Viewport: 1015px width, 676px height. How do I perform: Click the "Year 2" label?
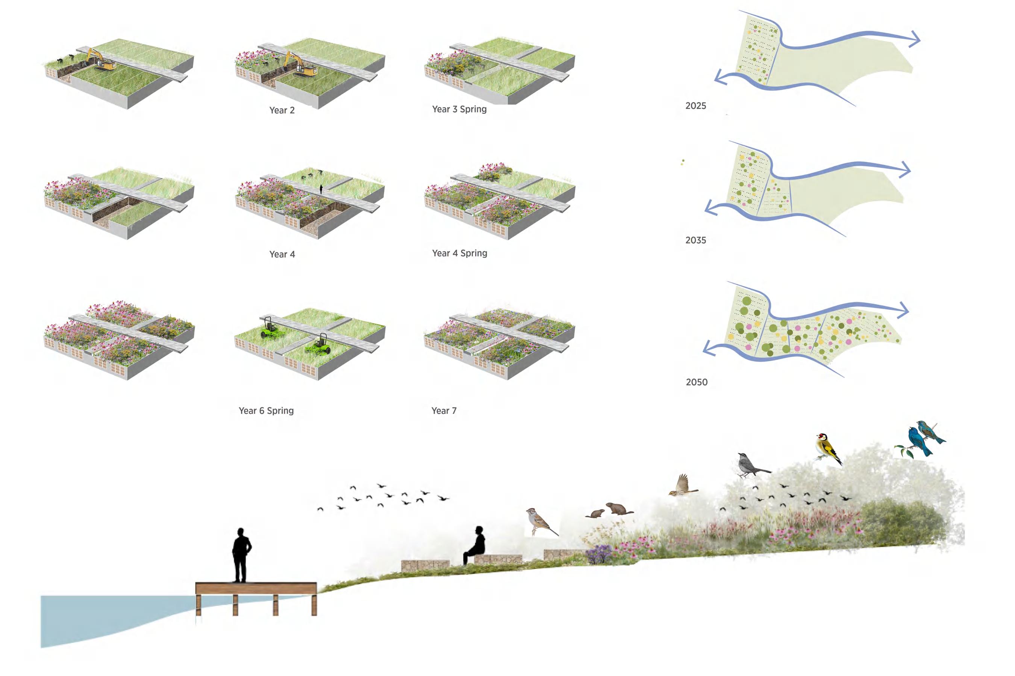(x=282, y=110)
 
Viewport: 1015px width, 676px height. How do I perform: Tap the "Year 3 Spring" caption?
(x=459, y=109)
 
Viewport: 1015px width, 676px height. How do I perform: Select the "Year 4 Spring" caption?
(x=460, y=253)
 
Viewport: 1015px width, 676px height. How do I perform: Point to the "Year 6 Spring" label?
(x=266, y=410)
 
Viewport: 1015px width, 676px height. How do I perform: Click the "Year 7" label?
(x=444, y=410)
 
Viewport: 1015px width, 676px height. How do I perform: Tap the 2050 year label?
(x=697, y=382)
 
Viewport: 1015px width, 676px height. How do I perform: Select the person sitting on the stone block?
(x=475, y=545)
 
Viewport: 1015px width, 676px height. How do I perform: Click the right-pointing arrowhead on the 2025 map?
(x=914, y=39)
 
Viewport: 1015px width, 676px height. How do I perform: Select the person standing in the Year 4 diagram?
(x=321, y=189)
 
